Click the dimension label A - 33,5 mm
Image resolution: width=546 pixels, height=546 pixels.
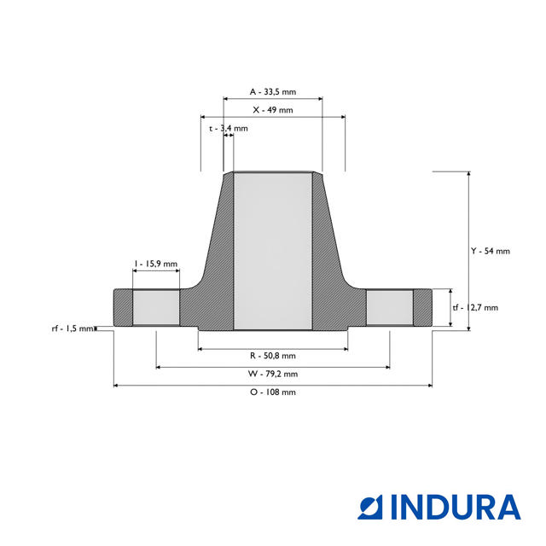tap(272, 91)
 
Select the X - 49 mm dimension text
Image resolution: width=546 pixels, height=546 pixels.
tap(272, 110)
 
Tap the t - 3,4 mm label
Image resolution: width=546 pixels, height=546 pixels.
tap(229, 129)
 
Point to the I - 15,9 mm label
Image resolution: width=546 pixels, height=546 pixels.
tap(156, 264)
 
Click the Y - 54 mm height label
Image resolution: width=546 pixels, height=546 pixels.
tap(490, 251)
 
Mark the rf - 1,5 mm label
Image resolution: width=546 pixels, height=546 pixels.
tap(72, 328)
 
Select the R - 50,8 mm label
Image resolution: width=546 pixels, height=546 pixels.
tap(272, 355)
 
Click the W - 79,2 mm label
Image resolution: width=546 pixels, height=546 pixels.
tap(272, 374)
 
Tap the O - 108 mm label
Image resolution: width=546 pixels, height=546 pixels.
tap(272, 392)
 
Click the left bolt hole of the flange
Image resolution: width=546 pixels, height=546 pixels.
tap(156, 307)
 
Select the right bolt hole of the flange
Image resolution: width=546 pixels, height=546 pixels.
tap(390, 307)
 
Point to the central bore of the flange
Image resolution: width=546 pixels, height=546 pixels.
tap(272, 252)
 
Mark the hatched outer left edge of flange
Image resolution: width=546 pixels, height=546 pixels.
tap(123, 307)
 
